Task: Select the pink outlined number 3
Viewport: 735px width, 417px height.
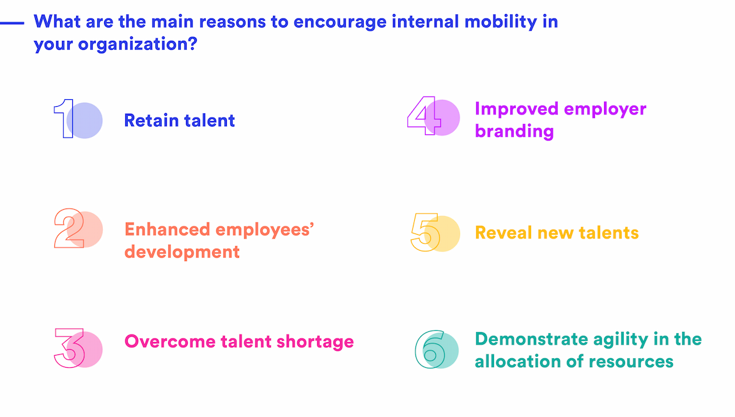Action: click(x=70, y=347)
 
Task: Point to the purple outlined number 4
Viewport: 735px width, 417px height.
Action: click(x=424, y=116)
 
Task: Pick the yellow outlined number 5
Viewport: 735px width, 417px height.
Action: click(x=425, y=232)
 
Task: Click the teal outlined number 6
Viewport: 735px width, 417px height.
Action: click(x=429, y=349)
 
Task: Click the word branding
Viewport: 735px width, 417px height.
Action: click(x=514, y=131)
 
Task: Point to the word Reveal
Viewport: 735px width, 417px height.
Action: click(x=502, y=233)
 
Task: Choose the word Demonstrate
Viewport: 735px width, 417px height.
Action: click(x=533, y=338)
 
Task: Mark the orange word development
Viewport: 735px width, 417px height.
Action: click(x=182, y=252)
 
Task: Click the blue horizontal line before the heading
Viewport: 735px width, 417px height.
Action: click(x=12, y=22)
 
